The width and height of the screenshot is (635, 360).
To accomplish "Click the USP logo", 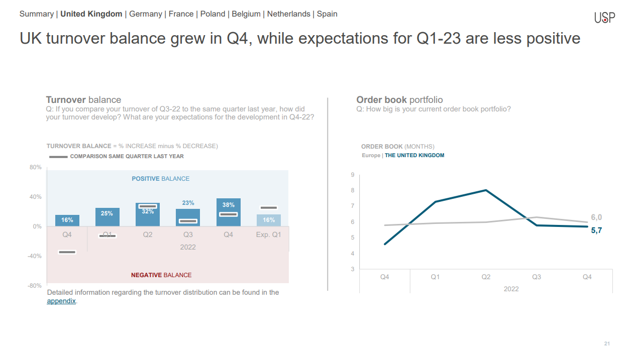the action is (x=604, y=17).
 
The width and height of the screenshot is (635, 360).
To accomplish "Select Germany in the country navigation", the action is (x=145, y=14).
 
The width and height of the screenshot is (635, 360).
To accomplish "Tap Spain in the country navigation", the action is (x=327, y=14).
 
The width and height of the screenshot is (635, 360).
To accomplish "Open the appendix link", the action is (x=61, y=301).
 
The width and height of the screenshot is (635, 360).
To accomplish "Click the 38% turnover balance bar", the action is (x=229, y=212).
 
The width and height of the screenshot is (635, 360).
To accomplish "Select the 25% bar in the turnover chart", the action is (x=108, y=217).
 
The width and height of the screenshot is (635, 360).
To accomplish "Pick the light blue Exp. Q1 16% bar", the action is (x=269, y=220).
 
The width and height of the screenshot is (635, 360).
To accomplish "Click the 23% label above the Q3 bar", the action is (x=188, y=203).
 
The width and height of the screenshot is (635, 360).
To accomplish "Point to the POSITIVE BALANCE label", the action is (x=160, y=179).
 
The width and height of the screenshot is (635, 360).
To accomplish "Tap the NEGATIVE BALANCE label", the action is (x=161, y=275).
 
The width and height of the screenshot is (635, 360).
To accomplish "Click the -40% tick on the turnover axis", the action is (x=35, y=256).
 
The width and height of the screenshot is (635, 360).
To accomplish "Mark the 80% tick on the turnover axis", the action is (x=36, y=167).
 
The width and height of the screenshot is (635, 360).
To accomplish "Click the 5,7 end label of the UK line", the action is (x=596, y=230).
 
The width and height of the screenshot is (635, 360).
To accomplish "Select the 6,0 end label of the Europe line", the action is (x=596, y=217).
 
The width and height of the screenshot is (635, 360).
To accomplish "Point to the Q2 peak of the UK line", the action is (x=486, y=190).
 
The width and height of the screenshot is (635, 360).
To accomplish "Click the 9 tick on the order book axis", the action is (x=352, y=175).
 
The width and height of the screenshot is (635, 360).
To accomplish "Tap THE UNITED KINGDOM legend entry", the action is (x=414, y=155).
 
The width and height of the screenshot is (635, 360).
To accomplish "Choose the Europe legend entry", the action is (x=371, y=155).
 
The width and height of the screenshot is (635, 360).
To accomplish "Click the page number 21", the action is (x=607, y=343).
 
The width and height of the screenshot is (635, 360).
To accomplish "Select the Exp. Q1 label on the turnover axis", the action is (x=268, y=234).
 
